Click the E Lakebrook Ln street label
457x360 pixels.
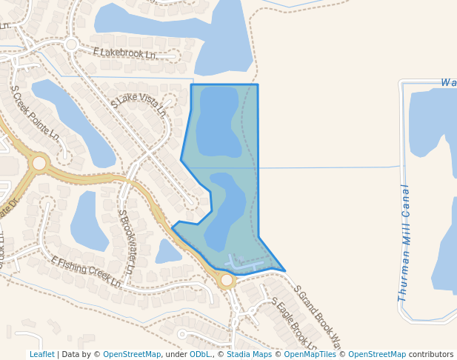pyautogui.click(x=124, y=53)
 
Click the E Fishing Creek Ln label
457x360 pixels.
pyautogui.click(x=86, y=272)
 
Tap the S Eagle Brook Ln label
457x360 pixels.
pyautogui.click(x=294, y=324)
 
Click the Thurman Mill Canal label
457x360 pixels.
pyautogui.click(x=404, y=241)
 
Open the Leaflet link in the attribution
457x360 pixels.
pyautogui.click(x=41, y=354)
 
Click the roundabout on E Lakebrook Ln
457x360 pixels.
pyautogui.click(x=71, y=44)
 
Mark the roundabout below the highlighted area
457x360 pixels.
pyautogui.click(x=227, y=281)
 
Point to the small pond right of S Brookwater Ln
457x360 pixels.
pyautogui.click(x=168, y=252)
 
